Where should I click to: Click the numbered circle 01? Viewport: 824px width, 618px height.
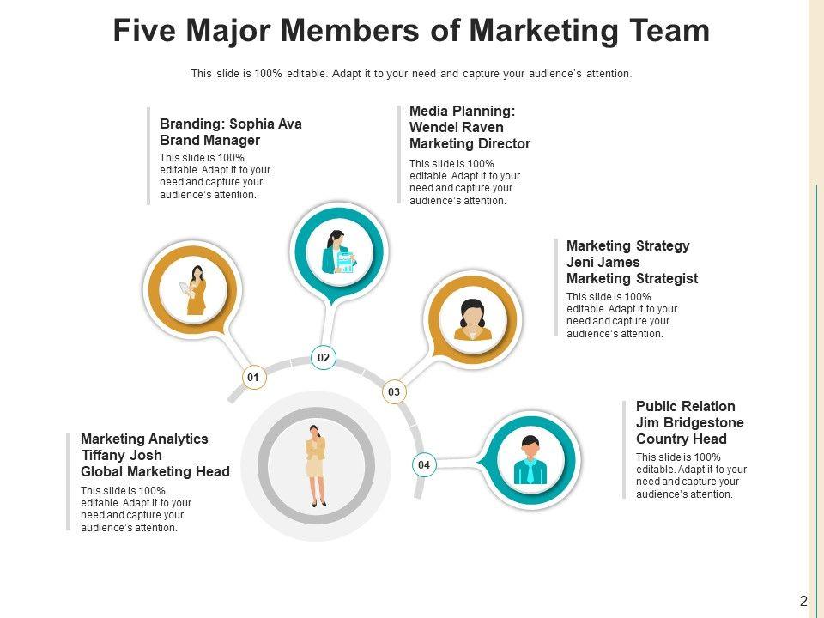click(x=253, y=377)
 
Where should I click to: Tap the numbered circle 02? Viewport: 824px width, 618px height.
click(x=324, y=357)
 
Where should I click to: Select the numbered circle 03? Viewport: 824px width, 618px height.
click(x=394, y=392)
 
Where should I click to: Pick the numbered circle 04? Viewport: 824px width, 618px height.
click(x=423, y=465)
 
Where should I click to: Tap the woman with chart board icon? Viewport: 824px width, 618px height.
click(x=336, y=251)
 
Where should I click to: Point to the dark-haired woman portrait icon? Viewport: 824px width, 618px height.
click(x=472, y=319)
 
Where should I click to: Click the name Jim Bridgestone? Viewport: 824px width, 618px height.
click(x=690, y=422)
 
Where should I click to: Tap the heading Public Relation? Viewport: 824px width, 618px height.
click(x=686, y=406)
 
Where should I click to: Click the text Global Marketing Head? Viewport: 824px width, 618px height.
click(x=155, y=471)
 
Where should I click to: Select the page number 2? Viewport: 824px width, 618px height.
click(x=803, y=602)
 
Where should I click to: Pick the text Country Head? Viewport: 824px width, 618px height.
click(x=682, y=439)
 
